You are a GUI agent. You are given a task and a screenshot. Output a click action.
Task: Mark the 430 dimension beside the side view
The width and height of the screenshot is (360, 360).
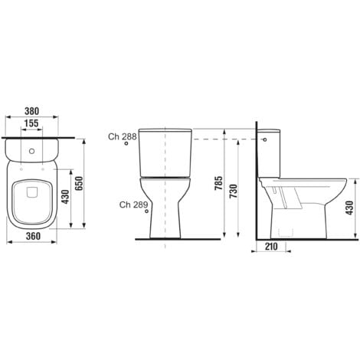pos(350,205)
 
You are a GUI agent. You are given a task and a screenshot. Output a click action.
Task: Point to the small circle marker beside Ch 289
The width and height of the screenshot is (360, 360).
pos(146,213)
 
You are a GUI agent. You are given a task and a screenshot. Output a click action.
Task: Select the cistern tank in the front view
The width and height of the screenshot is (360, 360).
pos(165,150)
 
